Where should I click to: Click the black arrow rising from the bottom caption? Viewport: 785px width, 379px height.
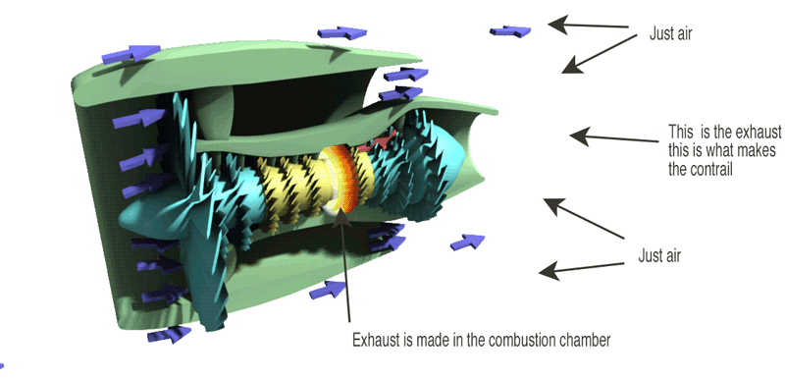pos(344,265)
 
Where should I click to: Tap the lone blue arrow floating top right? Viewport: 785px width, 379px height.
pos(511,31)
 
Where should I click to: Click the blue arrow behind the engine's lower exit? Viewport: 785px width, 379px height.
pos(468,241)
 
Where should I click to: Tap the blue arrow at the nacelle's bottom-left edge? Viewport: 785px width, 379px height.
pos(167,334)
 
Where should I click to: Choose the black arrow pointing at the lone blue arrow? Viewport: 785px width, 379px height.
pos(589,25)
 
